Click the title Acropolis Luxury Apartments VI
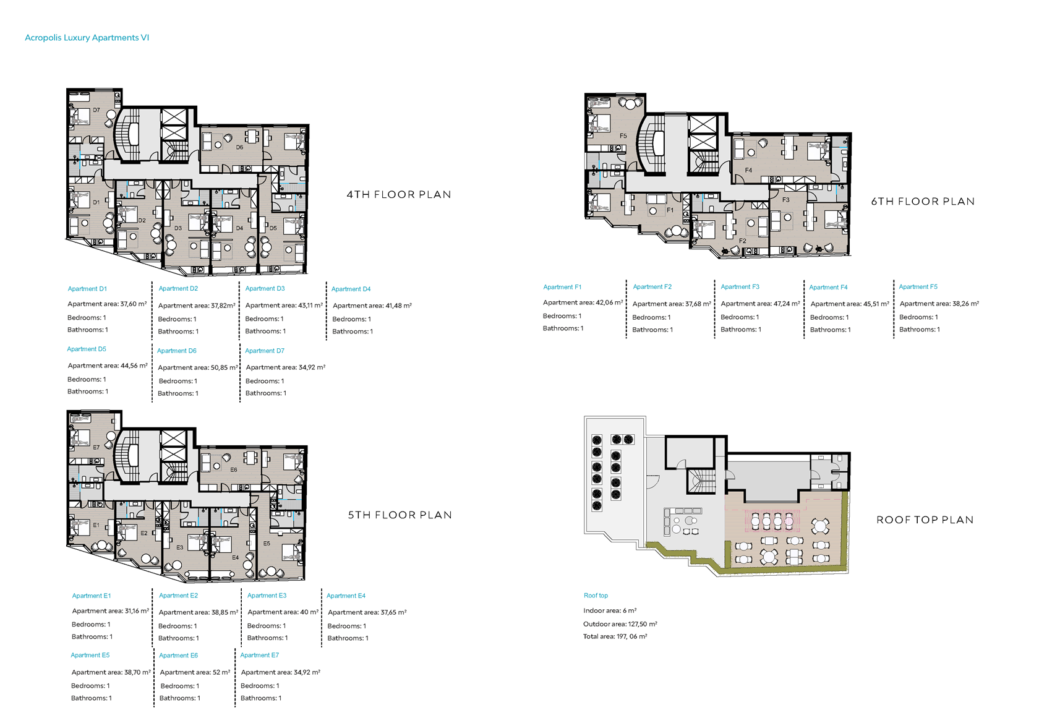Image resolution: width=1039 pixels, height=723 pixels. coord(87,38)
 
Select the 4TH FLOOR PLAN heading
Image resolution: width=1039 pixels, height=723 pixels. coord(399,195)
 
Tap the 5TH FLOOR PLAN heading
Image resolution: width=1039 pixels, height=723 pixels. coord(400,515)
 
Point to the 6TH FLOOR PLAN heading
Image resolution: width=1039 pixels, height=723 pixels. coord(923,202)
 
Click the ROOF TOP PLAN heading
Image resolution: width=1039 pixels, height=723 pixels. coord(925,520)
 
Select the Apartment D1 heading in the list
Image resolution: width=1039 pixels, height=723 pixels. coord(87,289)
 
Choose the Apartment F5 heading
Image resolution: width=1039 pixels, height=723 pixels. coord(918,287)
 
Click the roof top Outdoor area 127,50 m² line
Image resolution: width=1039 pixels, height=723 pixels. coord(620,624)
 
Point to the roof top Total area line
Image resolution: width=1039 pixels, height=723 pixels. coord(615,637)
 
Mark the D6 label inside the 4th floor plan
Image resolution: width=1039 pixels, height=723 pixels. coord(239,147)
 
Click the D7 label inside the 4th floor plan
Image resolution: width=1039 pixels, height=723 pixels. coord(96,110)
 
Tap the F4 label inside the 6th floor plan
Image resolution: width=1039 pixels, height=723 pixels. coord(748,170)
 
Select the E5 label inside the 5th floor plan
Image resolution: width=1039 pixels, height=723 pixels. coord(267,543)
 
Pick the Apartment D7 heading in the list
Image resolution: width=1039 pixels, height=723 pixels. coord(265,351)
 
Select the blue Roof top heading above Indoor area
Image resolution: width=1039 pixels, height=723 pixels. coord(596,596)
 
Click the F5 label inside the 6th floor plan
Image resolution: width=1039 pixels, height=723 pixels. coord(623,136)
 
